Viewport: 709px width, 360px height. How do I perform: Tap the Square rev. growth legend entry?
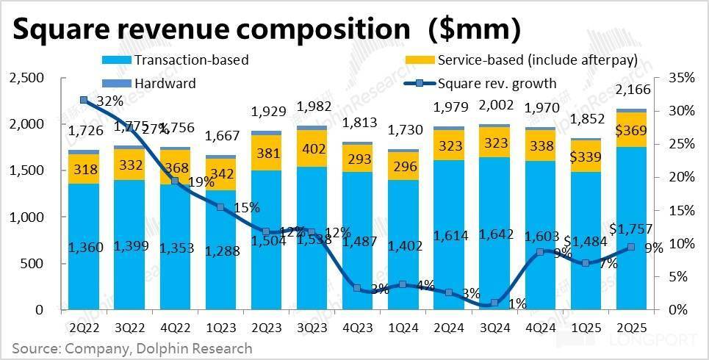pyautogui.click(x=496, y=83)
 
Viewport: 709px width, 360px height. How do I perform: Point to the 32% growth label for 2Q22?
pyautogui.click(x=109, y=102)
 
